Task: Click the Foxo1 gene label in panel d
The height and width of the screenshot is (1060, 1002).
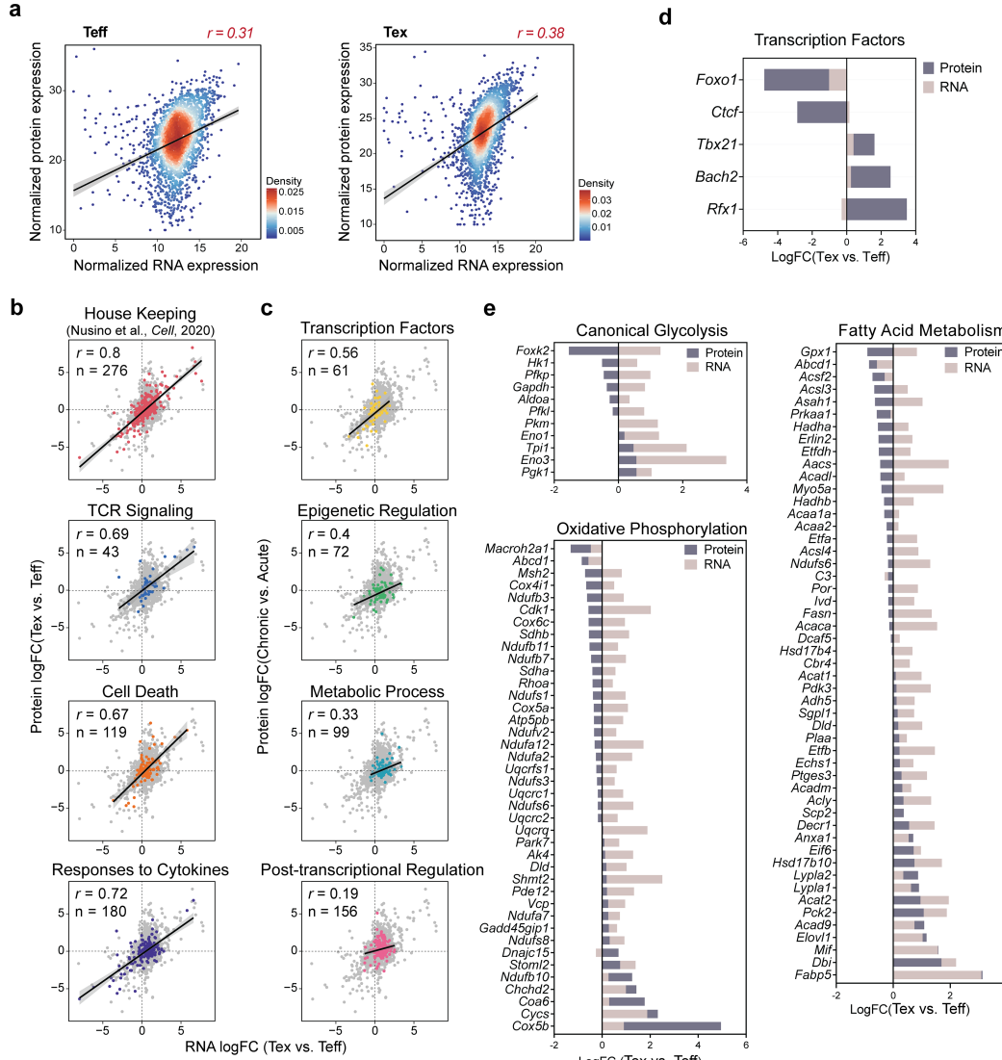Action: click(x=716, y=80)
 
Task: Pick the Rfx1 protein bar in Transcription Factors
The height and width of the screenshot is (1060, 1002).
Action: click(x=877, y=209)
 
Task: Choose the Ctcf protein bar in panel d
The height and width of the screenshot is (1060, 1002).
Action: click(x=821, y=112)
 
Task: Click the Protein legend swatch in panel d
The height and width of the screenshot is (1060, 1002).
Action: click(x=929, y=68)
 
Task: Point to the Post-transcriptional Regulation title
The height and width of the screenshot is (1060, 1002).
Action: click(x=373, y=870)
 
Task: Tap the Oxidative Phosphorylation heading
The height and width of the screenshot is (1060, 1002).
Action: click(x=652, y=529)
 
